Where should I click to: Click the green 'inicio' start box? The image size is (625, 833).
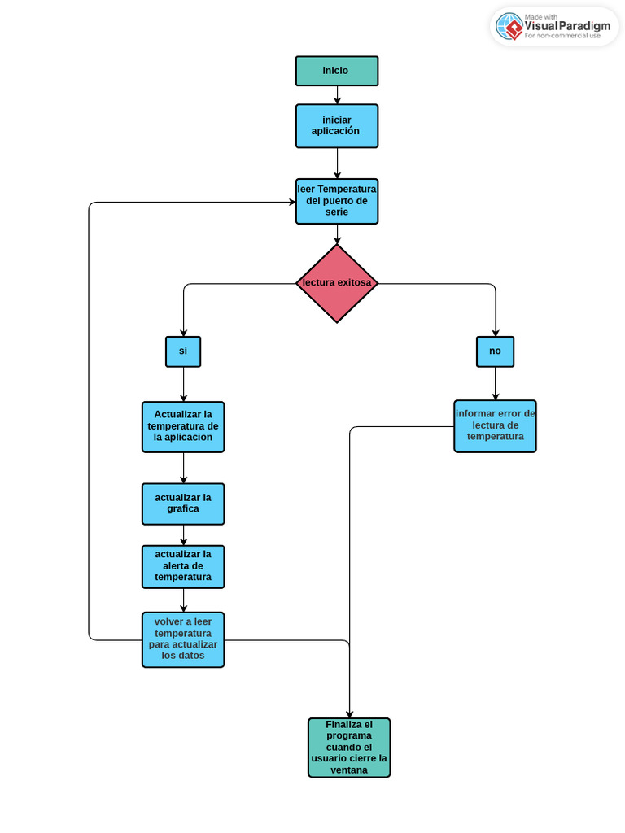337,71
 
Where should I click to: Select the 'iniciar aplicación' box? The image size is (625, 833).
337,126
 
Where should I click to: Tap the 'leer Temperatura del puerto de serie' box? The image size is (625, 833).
337,201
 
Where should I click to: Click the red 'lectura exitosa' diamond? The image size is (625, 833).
337,284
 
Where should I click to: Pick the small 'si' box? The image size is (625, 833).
183,351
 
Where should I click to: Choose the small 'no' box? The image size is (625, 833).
495,351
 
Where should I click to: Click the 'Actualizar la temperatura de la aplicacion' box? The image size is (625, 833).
183,426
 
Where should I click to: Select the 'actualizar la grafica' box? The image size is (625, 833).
183,504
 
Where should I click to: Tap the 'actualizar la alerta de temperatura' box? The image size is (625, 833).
183,566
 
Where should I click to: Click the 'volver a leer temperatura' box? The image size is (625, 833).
183,639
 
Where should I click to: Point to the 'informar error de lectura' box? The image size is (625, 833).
495,425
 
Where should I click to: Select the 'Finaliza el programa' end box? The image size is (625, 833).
349,748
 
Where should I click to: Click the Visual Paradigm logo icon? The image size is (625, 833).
509,26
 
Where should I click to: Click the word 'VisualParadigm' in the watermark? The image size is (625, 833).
567,26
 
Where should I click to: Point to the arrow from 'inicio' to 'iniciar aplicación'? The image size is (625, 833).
337,95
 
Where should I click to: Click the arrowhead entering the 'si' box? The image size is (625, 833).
183,332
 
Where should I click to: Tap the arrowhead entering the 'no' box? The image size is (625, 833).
495,332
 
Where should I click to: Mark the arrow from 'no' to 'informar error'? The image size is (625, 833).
495,383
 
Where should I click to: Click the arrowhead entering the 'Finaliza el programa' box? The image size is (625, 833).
350,713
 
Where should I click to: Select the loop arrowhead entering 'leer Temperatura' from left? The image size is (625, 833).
291,203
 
